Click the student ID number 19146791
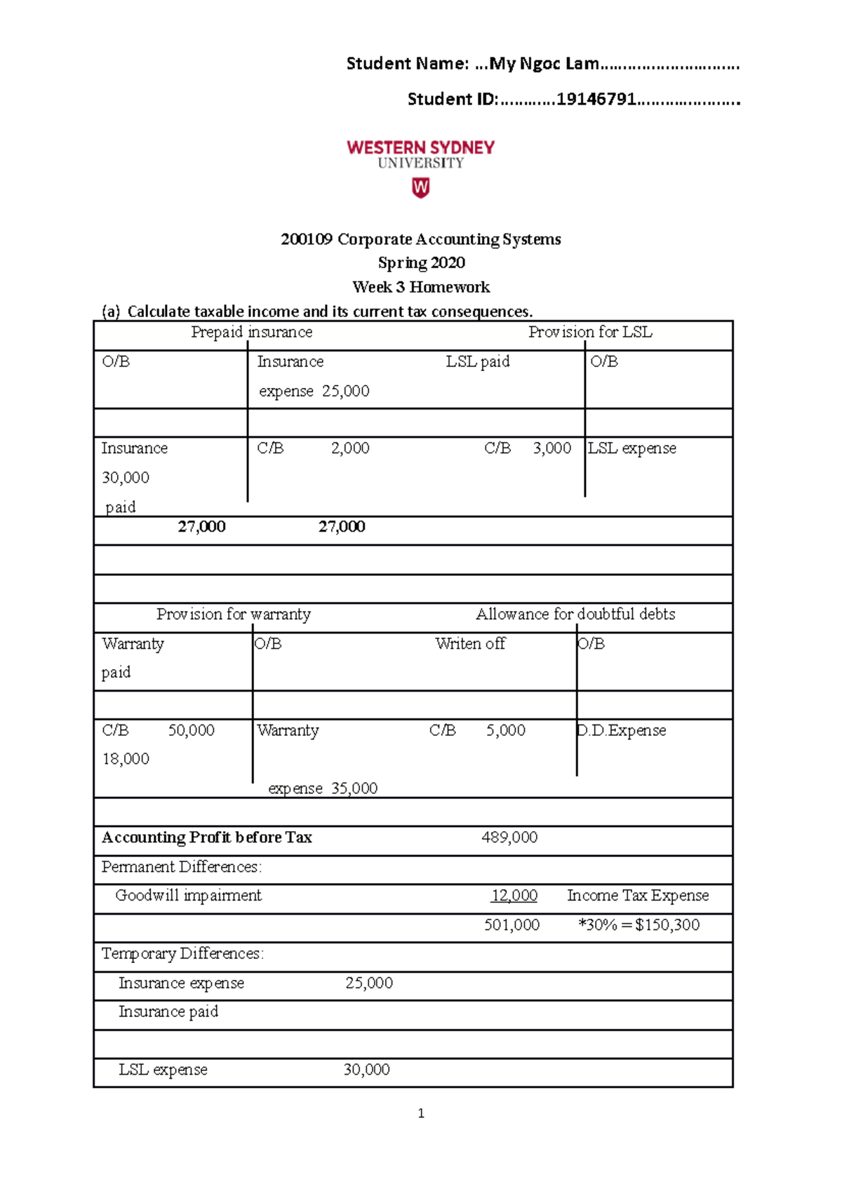[596, 100]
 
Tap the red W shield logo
[420, 187]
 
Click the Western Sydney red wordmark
[420, 147]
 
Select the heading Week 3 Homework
[421, 287]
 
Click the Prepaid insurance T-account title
[251, 332]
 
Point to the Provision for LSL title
[590, 332]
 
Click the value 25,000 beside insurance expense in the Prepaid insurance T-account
[346, 391]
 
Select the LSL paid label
[478, 362]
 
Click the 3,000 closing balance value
[552, 448]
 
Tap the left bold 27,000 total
[201, 527]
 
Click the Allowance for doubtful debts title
[575, 614]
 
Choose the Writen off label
[469, 644]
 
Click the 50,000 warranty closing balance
[191, 730]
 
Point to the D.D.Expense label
[622, 730]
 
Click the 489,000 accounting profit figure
[509, 837]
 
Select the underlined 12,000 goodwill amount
[514, 896]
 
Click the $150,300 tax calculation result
[667, 925]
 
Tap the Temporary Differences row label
[182, 954]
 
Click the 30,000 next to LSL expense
[366, 1070]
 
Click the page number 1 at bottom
[421, 1113]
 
